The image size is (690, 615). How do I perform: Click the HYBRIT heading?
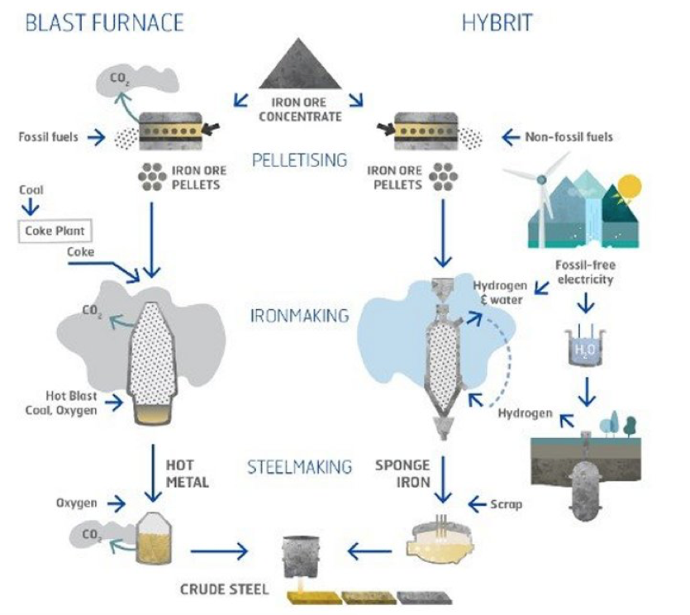496,22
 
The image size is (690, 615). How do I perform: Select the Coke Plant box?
55,230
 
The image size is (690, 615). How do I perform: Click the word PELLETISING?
298,160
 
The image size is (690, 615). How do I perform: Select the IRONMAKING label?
298,316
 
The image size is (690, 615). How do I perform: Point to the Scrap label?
505,503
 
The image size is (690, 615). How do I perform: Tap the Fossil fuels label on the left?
49,136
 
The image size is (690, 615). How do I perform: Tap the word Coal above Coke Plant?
31,189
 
